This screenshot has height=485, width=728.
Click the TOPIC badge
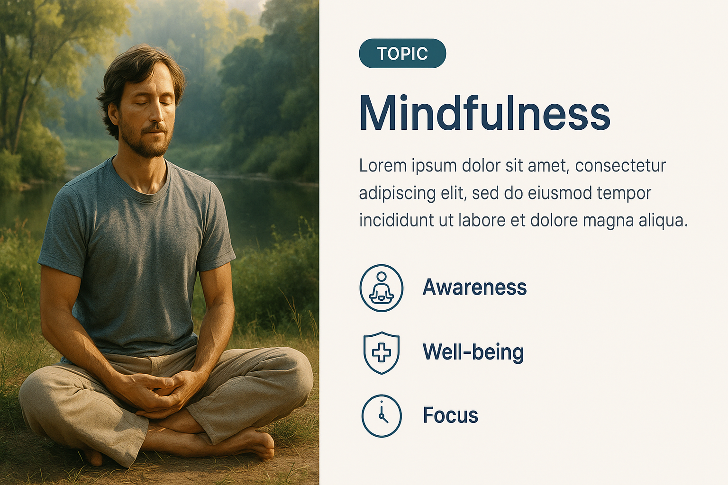(402, 53)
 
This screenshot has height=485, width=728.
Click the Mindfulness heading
(484, 113)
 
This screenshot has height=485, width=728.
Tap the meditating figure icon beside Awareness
(381, 288)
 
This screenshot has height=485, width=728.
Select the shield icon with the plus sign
(381, 353)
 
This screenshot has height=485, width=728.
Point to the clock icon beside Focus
(382, 416)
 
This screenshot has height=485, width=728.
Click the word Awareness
(474, 287)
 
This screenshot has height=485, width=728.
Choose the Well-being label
(473, 352)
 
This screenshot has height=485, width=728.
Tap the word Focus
(450, 415)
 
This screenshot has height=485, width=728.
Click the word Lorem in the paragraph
(383, 166)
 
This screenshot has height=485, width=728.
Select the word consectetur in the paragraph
(620, 166)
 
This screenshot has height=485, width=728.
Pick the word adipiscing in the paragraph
(397, 194)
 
